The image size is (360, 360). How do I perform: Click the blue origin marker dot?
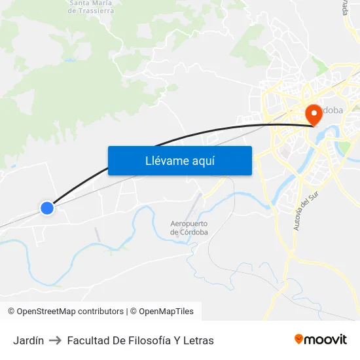46,208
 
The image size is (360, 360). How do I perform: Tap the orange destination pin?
314,114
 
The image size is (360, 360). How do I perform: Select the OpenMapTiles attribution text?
166,312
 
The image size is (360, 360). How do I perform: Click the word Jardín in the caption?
28,340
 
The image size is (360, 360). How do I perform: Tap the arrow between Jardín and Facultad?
56,340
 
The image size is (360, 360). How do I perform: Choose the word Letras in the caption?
198,340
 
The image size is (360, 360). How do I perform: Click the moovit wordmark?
326,340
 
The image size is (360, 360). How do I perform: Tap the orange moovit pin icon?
299,339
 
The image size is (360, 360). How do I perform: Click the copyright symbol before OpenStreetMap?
11,312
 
